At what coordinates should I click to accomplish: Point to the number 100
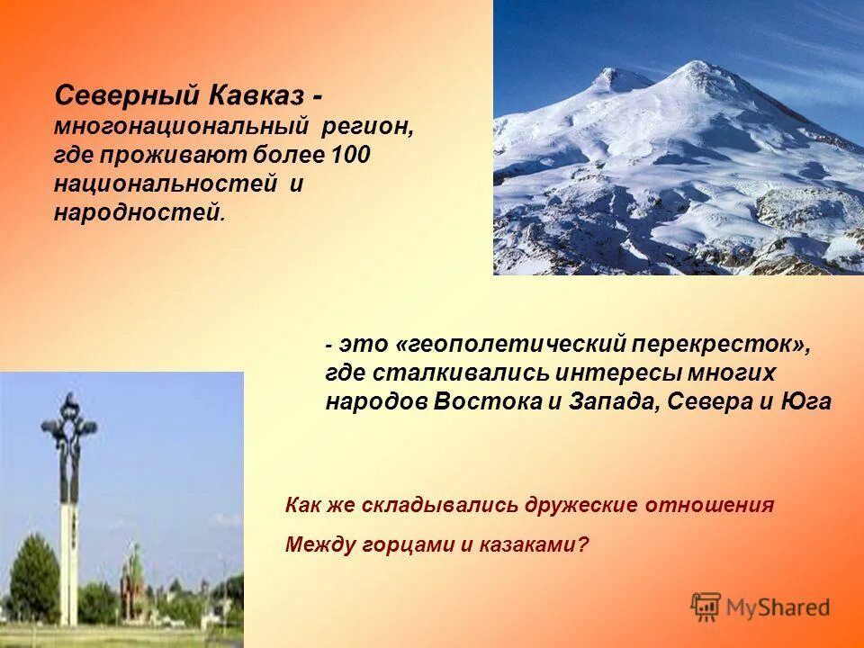tap(350, 155)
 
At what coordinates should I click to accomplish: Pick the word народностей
tap(136, 213)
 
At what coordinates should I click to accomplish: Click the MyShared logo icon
tap(706, 607)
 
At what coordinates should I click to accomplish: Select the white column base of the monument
tap(69, 558)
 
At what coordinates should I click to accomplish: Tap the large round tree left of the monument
tap(33, 576)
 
